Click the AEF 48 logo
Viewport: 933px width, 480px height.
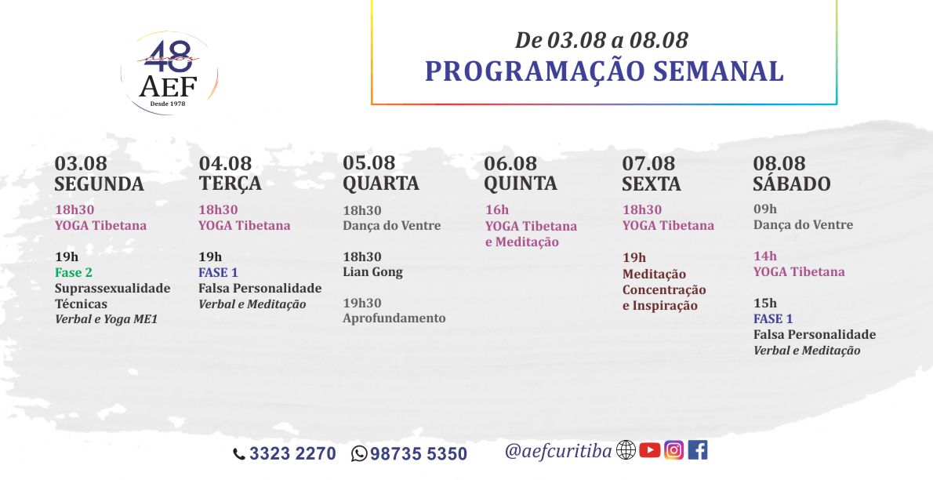click(169, 73)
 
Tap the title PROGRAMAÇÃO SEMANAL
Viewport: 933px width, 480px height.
click(604, 71)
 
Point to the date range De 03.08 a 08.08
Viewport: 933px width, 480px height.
click(601, 40)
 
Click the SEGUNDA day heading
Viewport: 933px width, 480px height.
click(100, 184)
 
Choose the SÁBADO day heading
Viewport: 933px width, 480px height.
click(791, 184)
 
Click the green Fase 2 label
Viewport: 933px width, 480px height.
click(74, 273)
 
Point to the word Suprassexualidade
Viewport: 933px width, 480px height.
click(112, 289)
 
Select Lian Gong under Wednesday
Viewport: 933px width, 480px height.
click(372, 272)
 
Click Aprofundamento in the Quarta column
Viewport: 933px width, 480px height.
click(394, 318)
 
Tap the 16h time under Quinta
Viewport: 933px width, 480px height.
click(497, 209)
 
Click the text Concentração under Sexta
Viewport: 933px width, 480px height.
click(664, 290)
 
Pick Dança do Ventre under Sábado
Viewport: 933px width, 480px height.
click(804, 225)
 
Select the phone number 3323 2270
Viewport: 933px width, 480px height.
click(292, 454)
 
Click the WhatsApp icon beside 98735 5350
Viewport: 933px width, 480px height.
click(359, 454)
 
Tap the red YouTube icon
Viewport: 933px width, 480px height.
click(650, 450)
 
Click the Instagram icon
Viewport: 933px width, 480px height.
click(673, 450)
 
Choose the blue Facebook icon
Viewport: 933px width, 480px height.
click(698, 450)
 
